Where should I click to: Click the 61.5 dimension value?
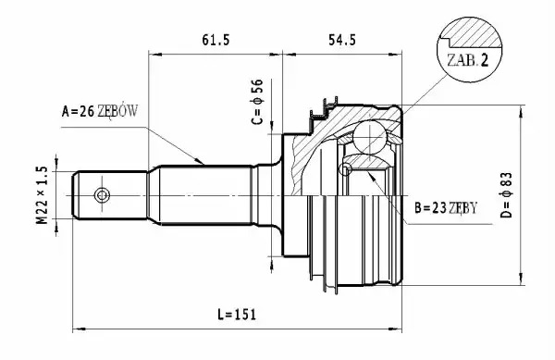pyautogui.click(x=216, y=40)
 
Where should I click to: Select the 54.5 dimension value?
pyautogui.click(x=342, y=40)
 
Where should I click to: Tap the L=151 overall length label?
pyautogui.click(x=237, y=315)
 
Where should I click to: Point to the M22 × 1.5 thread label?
pyautogui.click(x=42, y=195)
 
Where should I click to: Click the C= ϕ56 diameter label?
pyautogui.click(x=258, y=102)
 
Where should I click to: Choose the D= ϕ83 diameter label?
pyautogui.click(x=507, y=195)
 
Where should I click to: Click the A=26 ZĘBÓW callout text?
pyautogui.click(x=100, y=111)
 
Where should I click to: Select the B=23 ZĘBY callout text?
pyautogui.click(x=446, y=208)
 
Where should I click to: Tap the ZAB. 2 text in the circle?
pyautogui.click(x=467, y=60)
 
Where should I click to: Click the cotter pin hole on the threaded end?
pyautogui.click(x=102, y=195)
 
